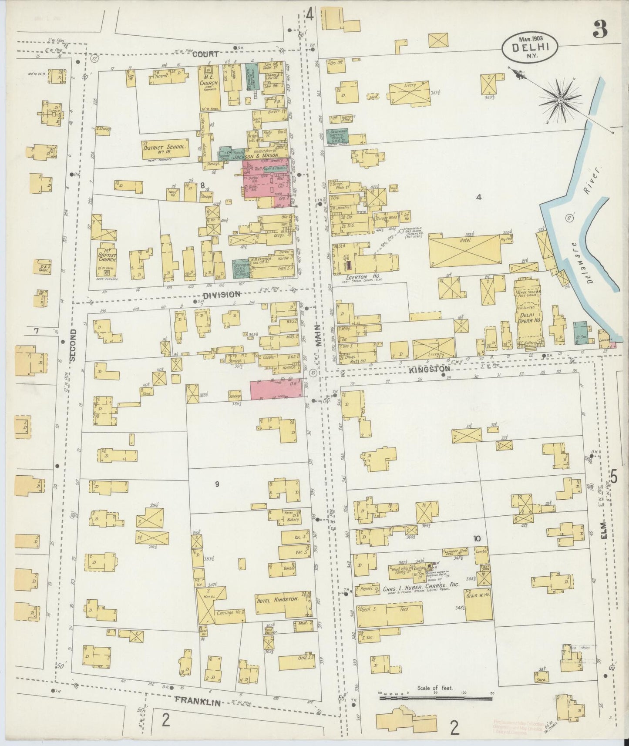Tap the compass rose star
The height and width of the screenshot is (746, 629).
point(561,101)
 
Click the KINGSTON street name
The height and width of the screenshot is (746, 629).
point(429,369)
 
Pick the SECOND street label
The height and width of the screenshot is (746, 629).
point(72,345)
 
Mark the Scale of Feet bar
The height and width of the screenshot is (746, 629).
point(435,698)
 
